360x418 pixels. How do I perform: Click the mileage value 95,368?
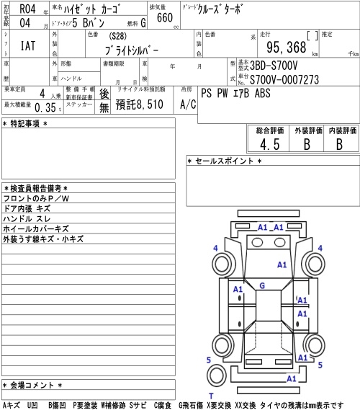(x=287, y=48)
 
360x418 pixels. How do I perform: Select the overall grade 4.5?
(x=270, y=144)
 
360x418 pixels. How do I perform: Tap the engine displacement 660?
(x=165, y=17)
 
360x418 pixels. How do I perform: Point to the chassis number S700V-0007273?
(x=284, y=80)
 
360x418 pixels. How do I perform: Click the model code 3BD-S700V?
(x=274, y=66)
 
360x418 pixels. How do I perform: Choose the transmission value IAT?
(x=28, y=45)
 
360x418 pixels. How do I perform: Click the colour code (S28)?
(x=117, y=36)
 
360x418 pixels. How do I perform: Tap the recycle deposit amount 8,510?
(x=150, y=104)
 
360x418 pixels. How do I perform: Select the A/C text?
(x=188, y=104)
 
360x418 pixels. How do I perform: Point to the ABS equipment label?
(x=262, y=93)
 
